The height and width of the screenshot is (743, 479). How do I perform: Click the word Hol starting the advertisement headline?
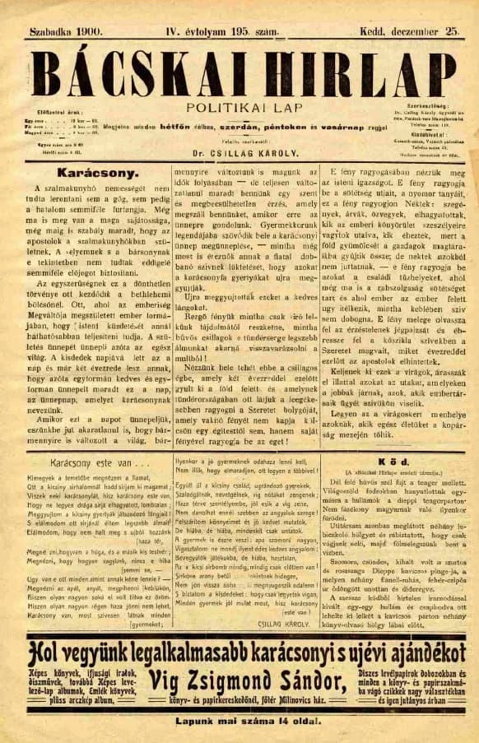pos(45,652)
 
